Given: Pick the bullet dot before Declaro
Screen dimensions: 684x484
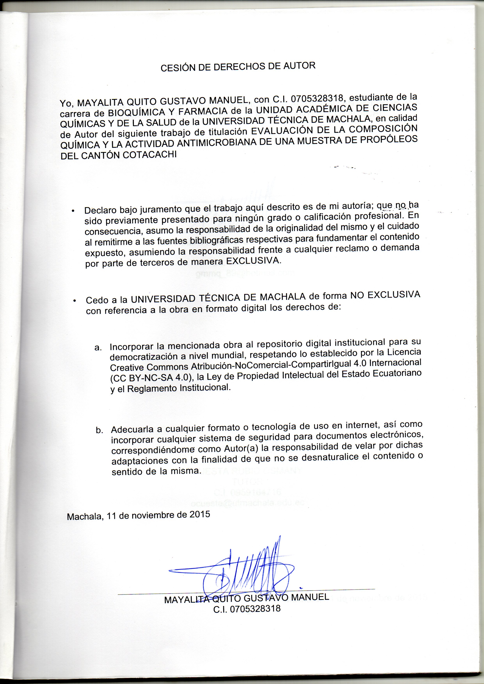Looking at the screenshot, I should point(73,211).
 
